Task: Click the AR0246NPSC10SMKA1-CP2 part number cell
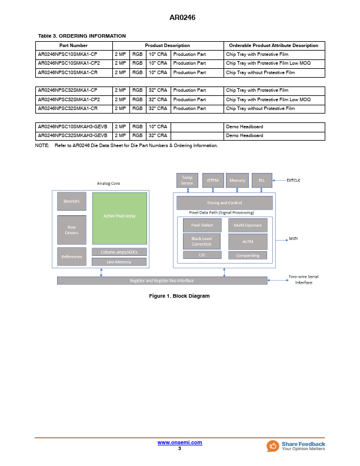click(69, 63)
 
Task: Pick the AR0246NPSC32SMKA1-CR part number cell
click(68, 109)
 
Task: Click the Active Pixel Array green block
click(119, 217)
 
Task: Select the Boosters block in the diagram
click(72, 201)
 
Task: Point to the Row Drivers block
click(72, 229)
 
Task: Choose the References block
click(72, 257)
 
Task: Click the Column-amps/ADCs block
click(119, 252)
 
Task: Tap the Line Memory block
click(119, 262)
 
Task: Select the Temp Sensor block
click(187, 181)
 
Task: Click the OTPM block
click(212, 181)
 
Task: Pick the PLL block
click(262, 181)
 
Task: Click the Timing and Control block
click(224, 203)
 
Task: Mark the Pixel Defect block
click(202, 225)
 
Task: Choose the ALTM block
click(248, 241)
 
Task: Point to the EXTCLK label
click(293, 180)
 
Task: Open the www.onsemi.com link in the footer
click(180, 442)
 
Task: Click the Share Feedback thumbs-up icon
click(273, 446)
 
